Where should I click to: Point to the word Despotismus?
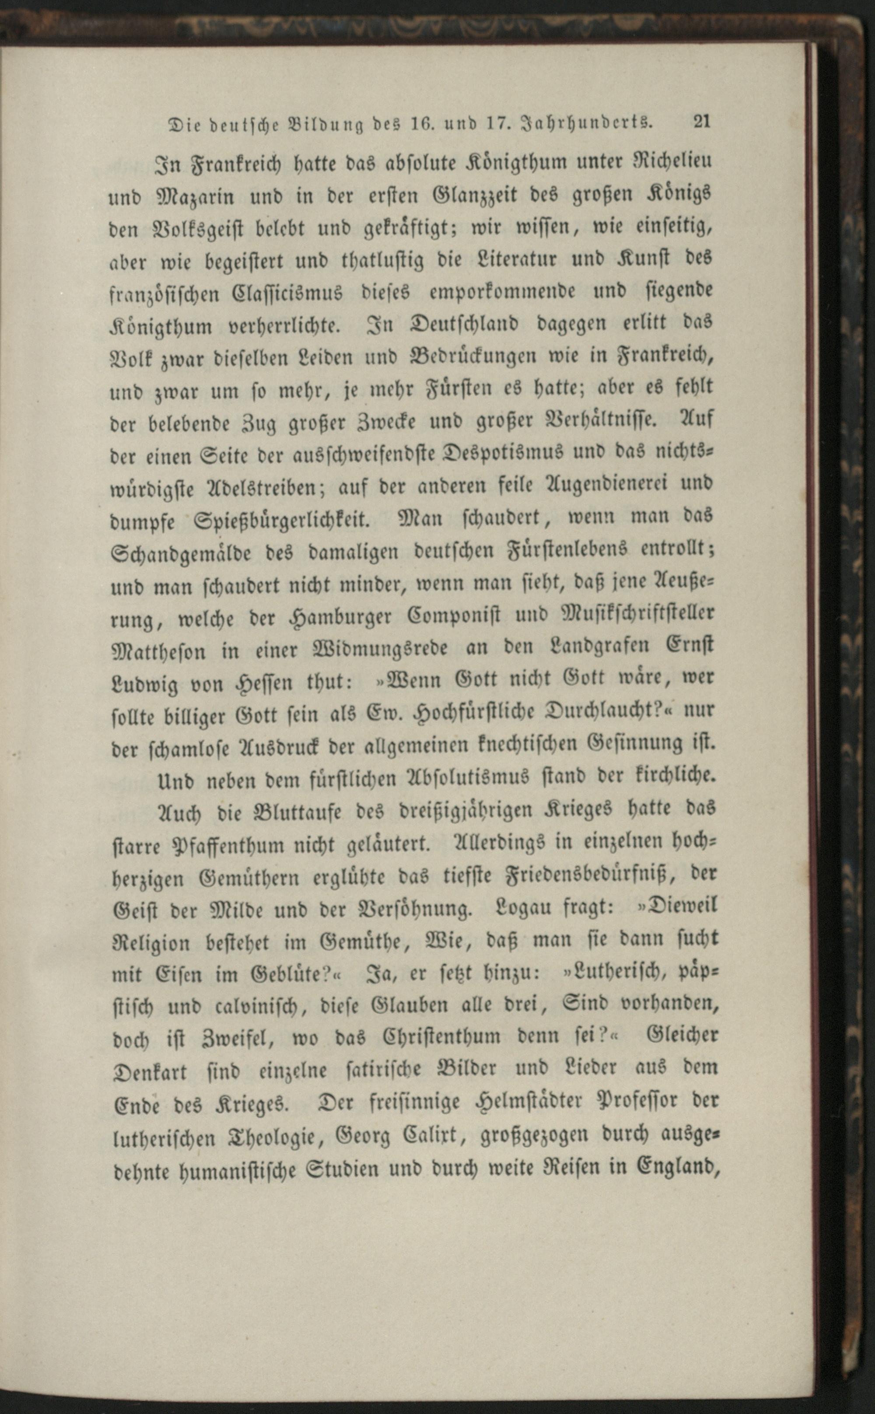507,452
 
